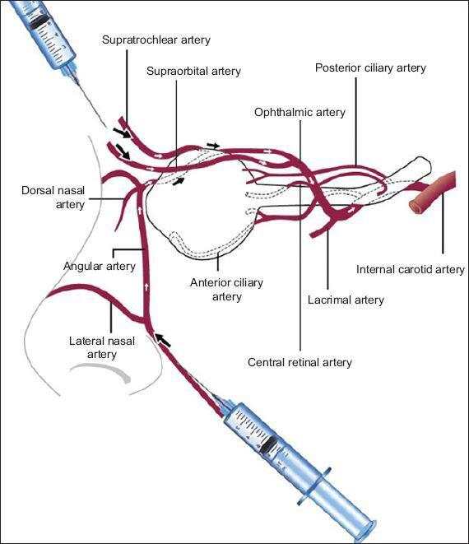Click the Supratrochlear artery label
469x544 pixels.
pos(156,40)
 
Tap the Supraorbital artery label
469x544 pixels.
pos(193,72)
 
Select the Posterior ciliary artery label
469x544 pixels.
pos(370,68)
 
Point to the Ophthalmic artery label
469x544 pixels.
pos(300,113)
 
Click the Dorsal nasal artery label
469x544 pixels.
pos(53,197)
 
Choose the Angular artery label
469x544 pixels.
pos(100,267)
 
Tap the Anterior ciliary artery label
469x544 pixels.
pos(226,290)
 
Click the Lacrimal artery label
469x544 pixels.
pos(346,300)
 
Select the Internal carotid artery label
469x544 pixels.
pos(410,270)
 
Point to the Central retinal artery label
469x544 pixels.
pos(300,363)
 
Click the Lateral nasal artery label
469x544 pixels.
pos(102,347)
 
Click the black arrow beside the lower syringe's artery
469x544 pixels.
pos(163,340)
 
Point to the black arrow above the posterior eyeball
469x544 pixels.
pos(213,145)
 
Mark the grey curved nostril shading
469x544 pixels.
pos(100,371)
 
